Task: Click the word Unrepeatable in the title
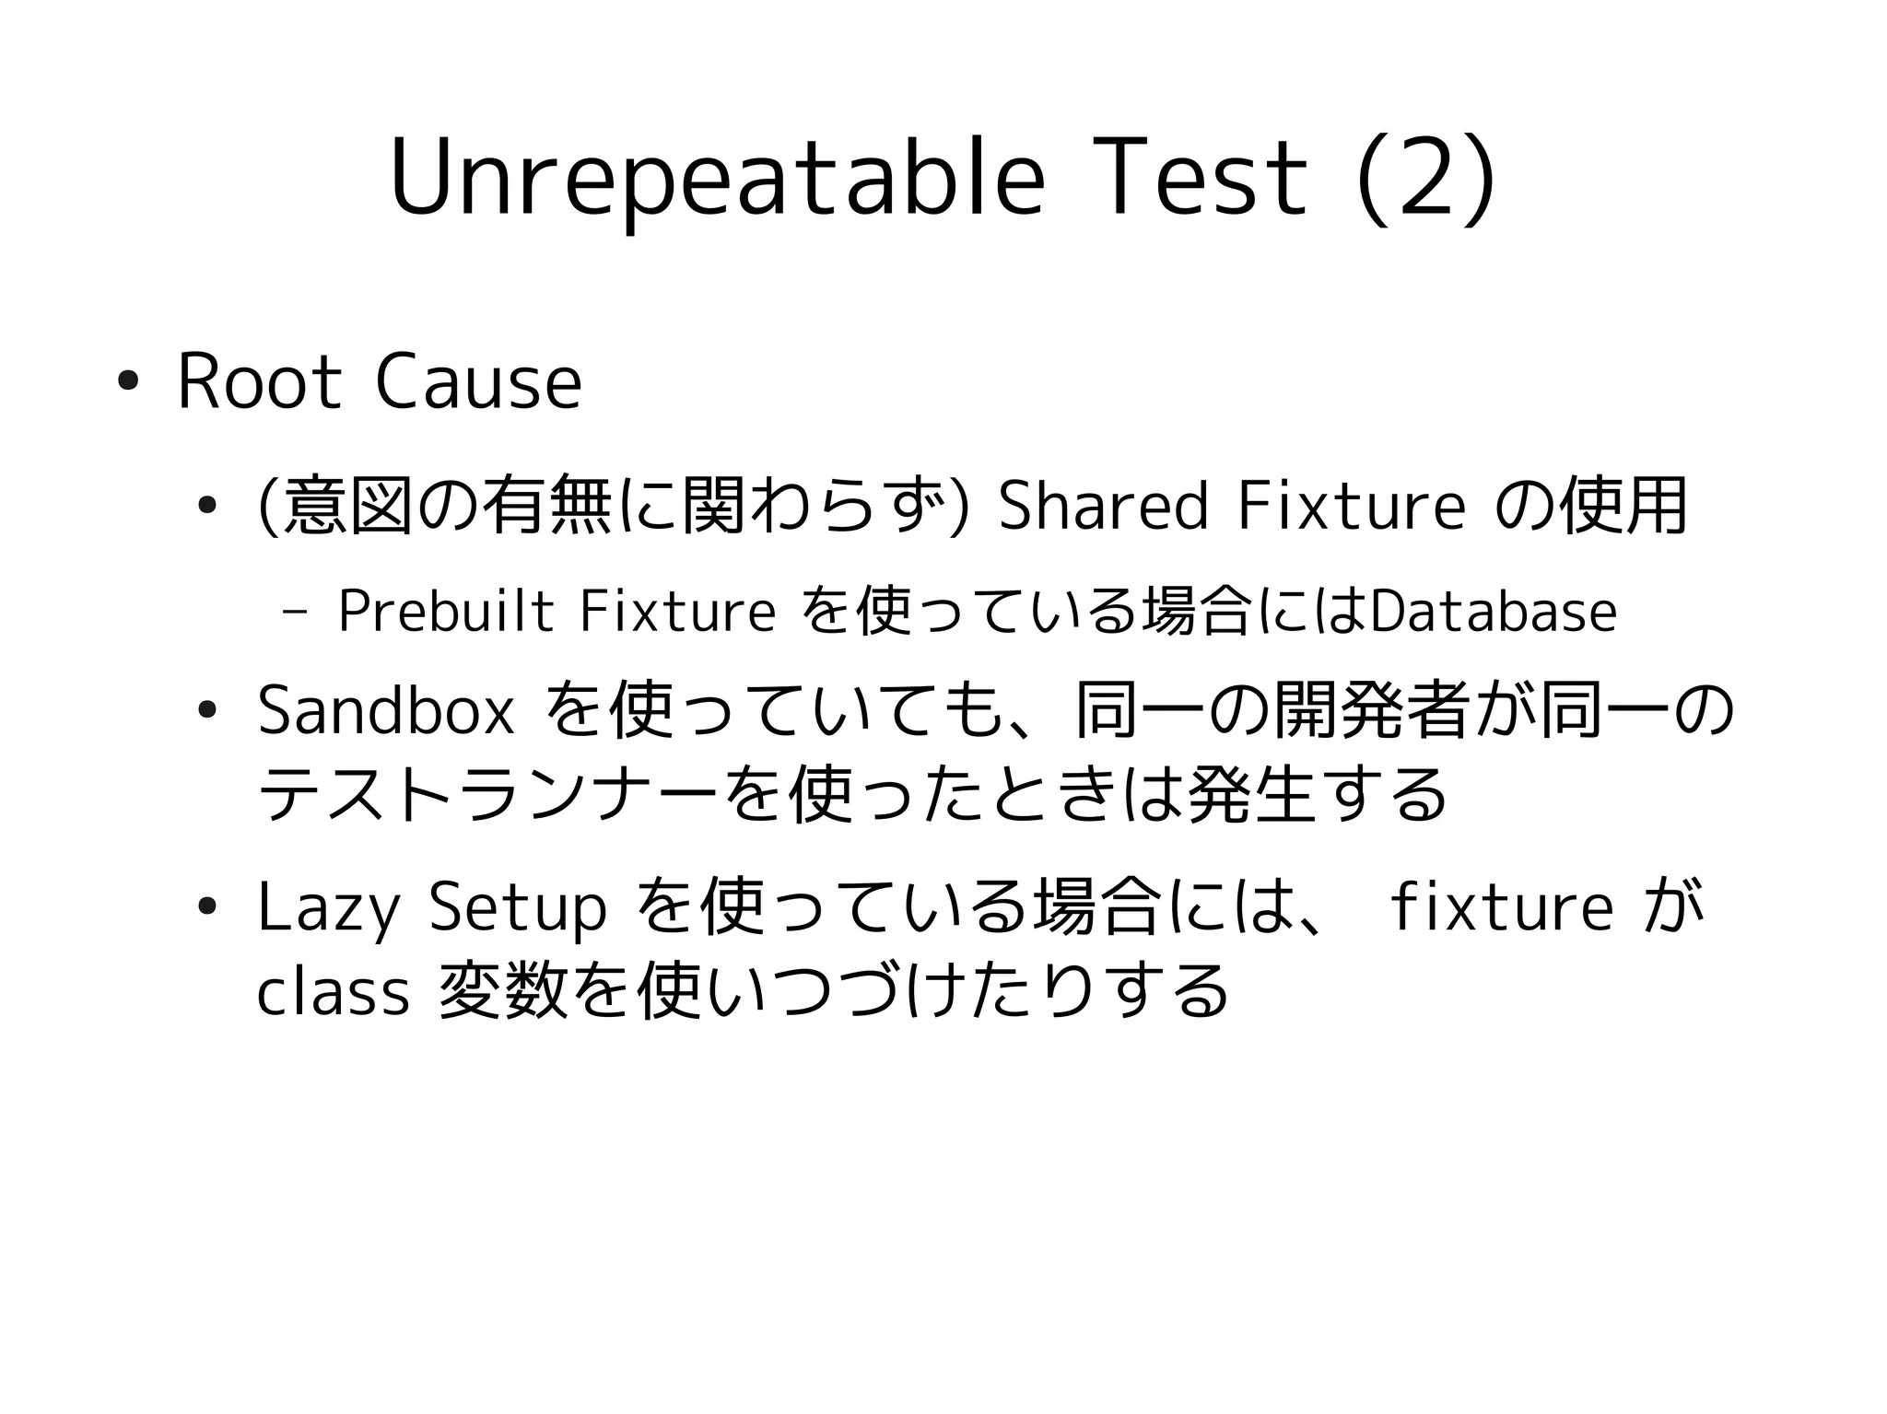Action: click(717, 180)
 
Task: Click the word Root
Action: click(259, 382)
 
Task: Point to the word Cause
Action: click(478, 382)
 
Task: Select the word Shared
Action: click(1102, 506)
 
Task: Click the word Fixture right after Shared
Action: click(1351, 506)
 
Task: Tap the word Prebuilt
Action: click(446, 611)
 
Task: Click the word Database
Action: click(1494, 611)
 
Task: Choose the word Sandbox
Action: click(386, 711)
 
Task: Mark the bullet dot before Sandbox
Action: click(207, 711)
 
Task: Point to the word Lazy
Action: click(329, 907)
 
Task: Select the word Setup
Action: click(518, 907)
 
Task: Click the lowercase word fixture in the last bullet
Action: click(1501, 907)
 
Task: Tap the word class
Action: click(333, 992)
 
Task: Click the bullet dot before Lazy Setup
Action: click(207, 907)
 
